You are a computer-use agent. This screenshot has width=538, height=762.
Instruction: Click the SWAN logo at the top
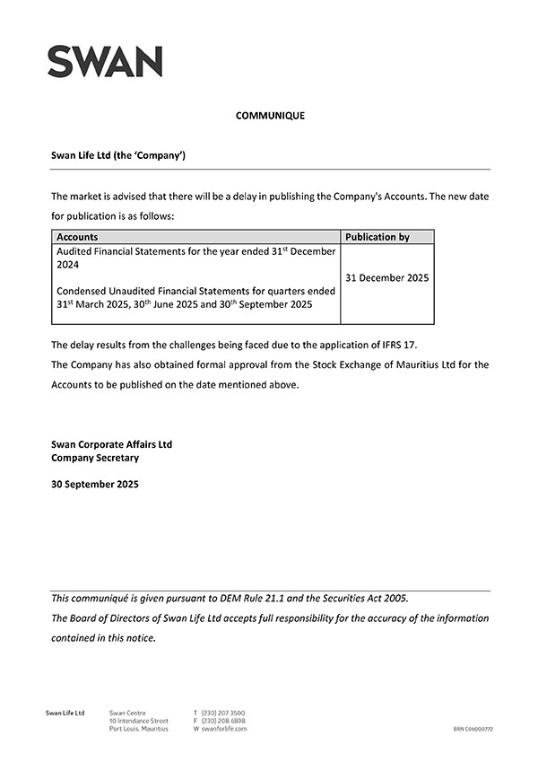pyautogui.click(x=105, y=61)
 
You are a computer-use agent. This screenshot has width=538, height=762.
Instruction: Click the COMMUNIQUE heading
pyautogui.click(x=270, y=116)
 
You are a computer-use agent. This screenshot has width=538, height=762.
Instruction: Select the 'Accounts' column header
pyautogui.click(x=77, y=237)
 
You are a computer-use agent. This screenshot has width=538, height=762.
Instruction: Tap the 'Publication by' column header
pyautogui.click(x=377, y=237)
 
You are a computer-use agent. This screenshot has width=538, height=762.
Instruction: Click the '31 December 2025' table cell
pyautogui.click(x=386, y=278)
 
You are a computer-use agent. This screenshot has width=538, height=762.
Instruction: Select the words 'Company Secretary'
pyautogui.click(x=95, y=458)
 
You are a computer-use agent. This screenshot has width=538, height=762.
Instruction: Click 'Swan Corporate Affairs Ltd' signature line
pyautogui.click(x=111, y=444)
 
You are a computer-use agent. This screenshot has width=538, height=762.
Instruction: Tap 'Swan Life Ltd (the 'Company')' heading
pyautogui.click(x=117, y=155)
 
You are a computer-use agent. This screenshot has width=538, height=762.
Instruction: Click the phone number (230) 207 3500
pyautogui.click(x=222, y=713)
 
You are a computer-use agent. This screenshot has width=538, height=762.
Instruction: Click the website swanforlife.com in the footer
pyautogui.click(x=224, y=729)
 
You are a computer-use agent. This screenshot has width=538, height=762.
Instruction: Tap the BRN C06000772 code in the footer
pyautogui.click(x=473, y=730)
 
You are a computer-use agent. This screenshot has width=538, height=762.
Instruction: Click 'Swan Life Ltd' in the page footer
pyautogui.click(x=65, y=713)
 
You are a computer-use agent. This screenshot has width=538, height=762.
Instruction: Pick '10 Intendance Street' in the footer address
pyautogui.click(x=138, y=721)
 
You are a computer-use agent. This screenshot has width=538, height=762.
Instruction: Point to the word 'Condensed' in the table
pyautogui.click(x=82, y=291)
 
